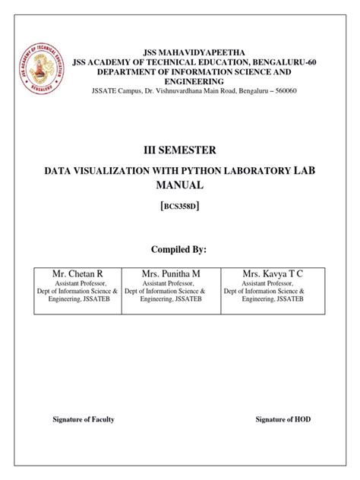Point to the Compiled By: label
click(x=179, y=248)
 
